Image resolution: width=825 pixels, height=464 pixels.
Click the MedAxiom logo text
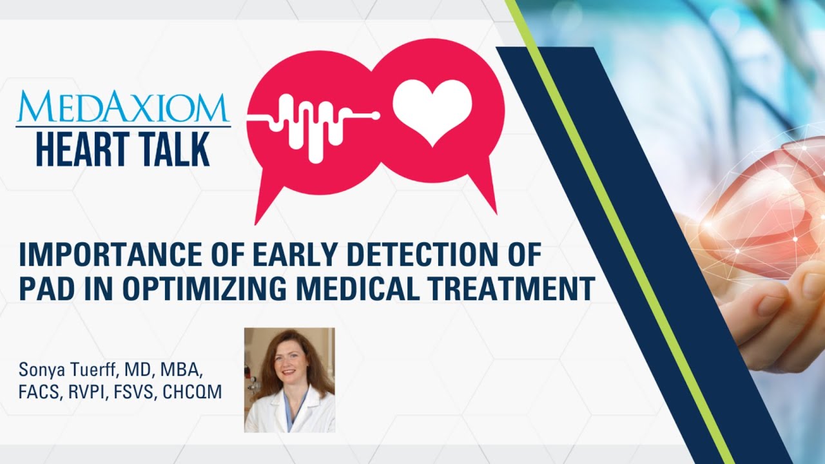click(122, 107)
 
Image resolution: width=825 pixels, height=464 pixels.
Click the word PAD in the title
click(44, 289)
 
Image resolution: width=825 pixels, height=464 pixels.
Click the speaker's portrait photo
click(289, 380)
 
